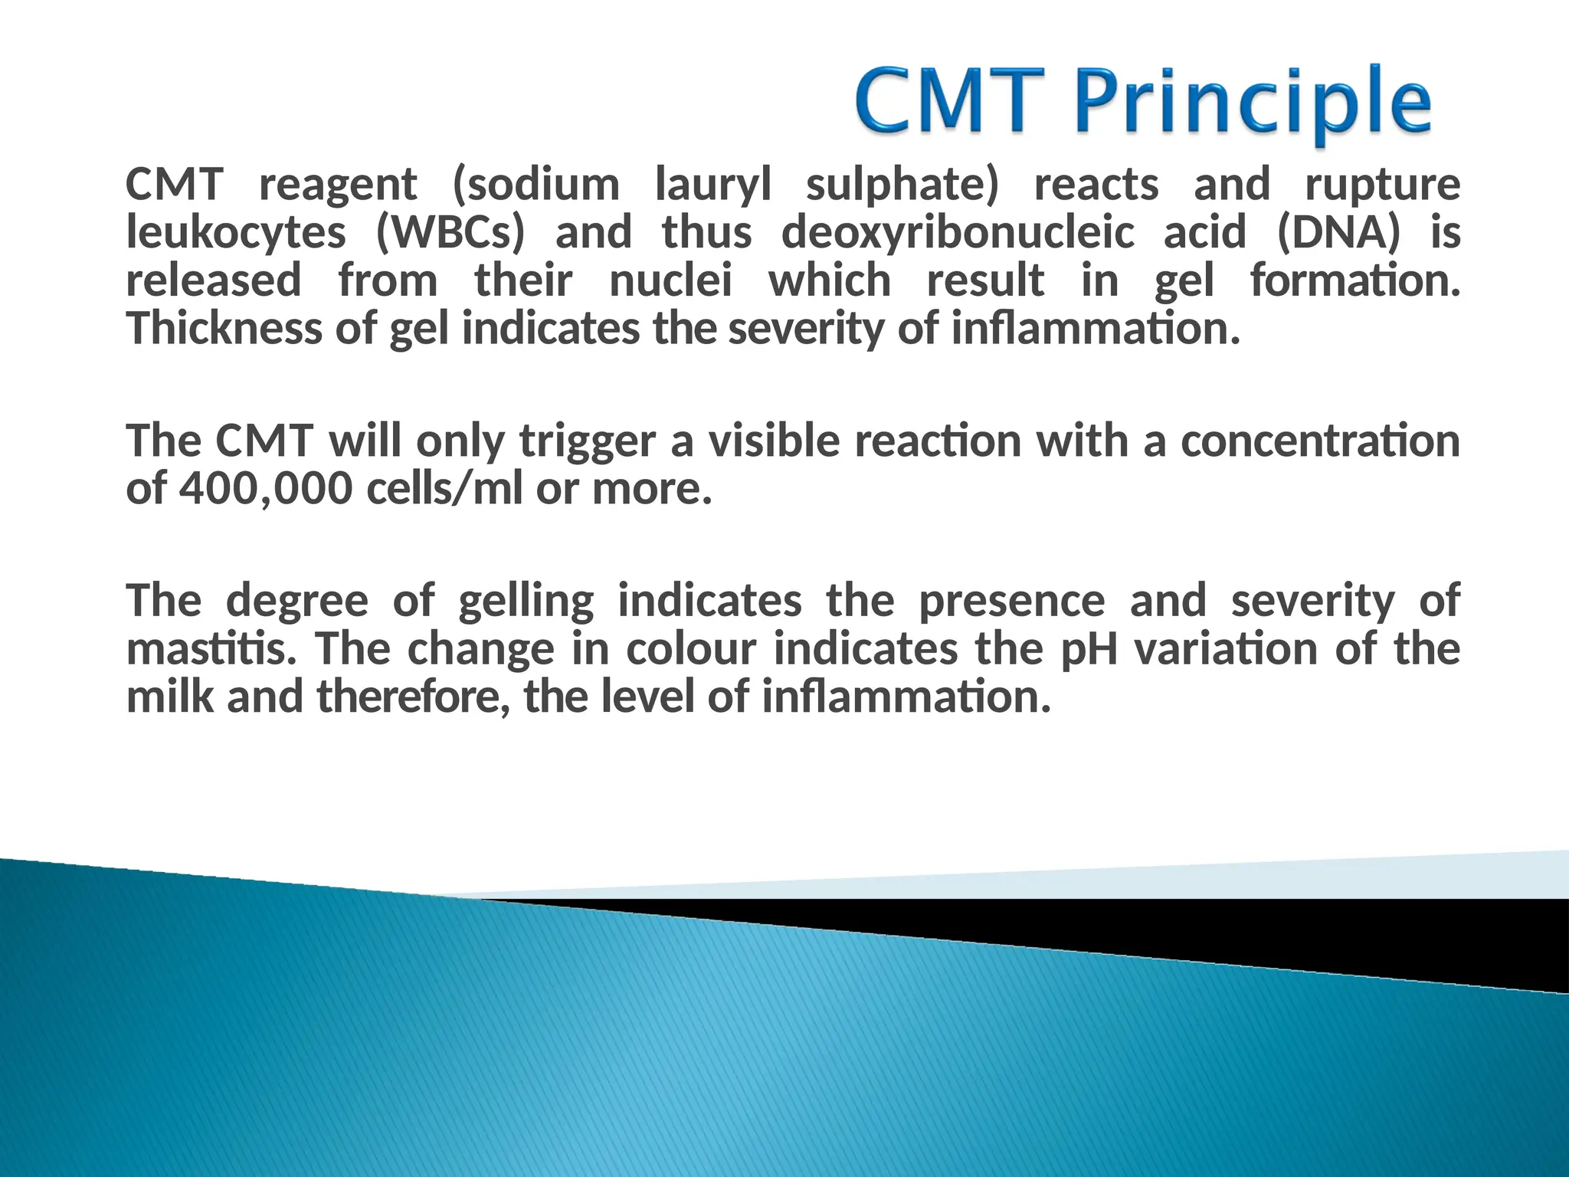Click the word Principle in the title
pos(1252,103)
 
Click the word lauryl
pos(712,185)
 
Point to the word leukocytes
pos(236,233)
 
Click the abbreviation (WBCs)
pos(450,233)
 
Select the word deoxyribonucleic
pos(958,233)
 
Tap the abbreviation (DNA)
pos(1338,233)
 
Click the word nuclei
pos(671,280)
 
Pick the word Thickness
pos(223,329)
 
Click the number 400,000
pos(265,489)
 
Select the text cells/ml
pos(444,489)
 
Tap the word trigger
pos(588,442)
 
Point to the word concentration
pos(1320,442)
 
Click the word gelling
pos(526,601)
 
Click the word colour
pos(690,649)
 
